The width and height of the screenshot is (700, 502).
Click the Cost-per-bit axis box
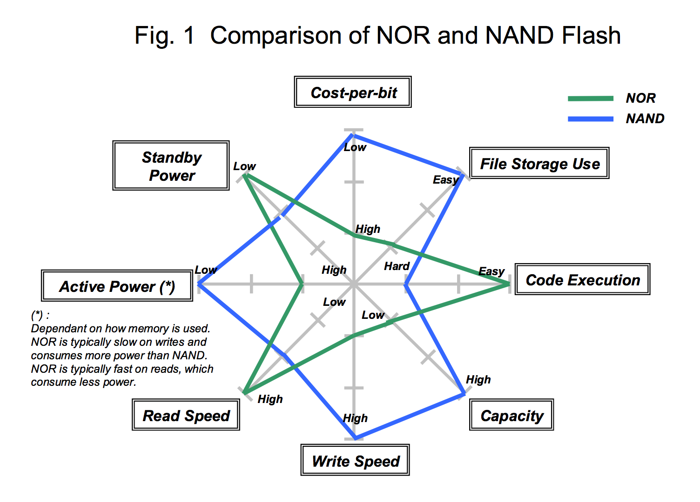tap(353, 92)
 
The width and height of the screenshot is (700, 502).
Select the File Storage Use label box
tap(539, 163)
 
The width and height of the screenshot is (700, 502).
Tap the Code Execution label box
tap(582, 279)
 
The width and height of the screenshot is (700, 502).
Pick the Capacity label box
tap(512, 415)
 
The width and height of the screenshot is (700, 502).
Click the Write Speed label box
tap(355, 460)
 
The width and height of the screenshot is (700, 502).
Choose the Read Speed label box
tap(186, 415)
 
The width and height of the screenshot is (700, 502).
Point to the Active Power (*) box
tap(117, 286)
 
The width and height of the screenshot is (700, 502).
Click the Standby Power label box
tap(171, 165)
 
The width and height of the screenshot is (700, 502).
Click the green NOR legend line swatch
tap(590, 98)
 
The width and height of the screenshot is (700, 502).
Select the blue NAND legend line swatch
tap(590, 119)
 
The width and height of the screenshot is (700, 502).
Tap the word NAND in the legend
tap(645, 119)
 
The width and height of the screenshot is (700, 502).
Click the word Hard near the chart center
tap(397, 266)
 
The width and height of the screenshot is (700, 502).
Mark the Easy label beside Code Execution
tap(491, 271)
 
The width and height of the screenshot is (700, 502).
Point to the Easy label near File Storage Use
tap(445, 180)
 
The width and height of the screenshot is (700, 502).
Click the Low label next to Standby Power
tap(244, 166)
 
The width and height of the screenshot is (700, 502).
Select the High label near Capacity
tap(478, 380)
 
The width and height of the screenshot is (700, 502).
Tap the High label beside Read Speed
tap(270, 399)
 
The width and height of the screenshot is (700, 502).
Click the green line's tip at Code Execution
tap(509, 284)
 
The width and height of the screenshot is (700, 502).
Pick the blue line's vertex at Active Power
tap(199, 284)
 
